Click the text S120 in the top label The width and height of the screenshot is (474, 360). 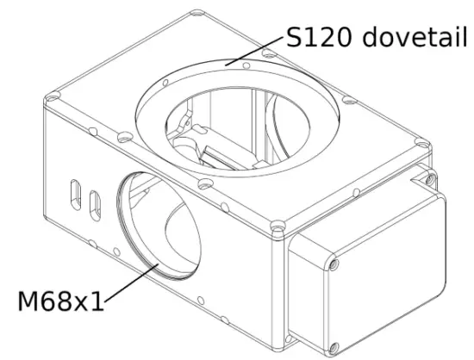coord(319,37)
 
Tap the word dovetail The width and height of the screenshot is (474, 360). coord(415,36)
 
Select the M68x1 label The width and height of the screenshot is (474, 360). coord(60,301)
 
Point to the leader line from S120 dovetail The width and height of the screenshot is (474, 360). coord(254,52)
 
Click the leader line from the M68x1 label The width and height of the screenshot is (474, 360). coord(132,282)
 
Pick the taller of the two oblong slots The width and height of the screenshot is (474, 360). coord(76,195)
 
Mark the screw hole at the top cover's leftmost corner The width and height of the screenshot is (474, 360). coord(53,98)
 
